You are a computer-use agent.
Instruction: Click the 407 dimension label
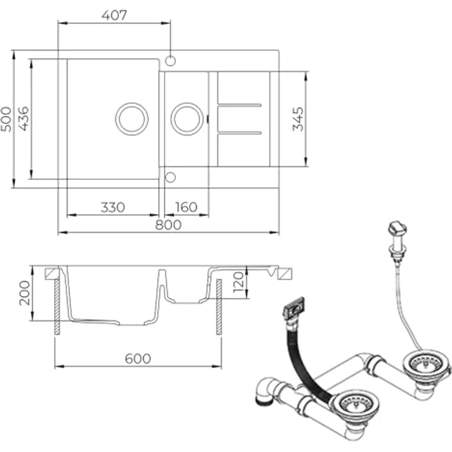[x=114, y=15]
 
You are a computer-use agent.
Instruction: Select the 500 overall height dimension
[x=6, y=119]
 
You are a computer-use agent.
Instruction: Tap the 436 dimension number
[x=23, y=119]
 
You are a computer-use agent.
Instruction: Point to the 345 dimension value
[x=298, y=119]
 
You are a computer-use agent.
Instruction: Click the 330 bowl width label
[x=113, y=207]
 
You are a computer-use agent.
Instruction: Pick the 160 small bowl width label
[x=187, y=207]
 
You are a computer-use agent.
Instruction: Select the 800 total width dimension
[x=168, y=225]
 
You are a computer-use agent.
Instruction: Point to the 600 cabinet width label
[x=138, y=359]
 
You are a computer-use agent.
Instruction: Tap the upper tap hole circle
[x=170, y=61]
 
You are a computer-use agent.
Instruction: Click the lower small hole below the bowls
[x=170, y=177]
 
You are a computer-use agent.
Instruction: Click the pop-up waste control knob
[x=397, y=228]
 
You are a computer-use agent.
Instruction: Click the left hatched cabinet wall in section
[x=57, y=306]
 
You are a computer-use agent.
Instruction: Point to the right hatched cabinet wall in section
[x=219, y=306]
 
